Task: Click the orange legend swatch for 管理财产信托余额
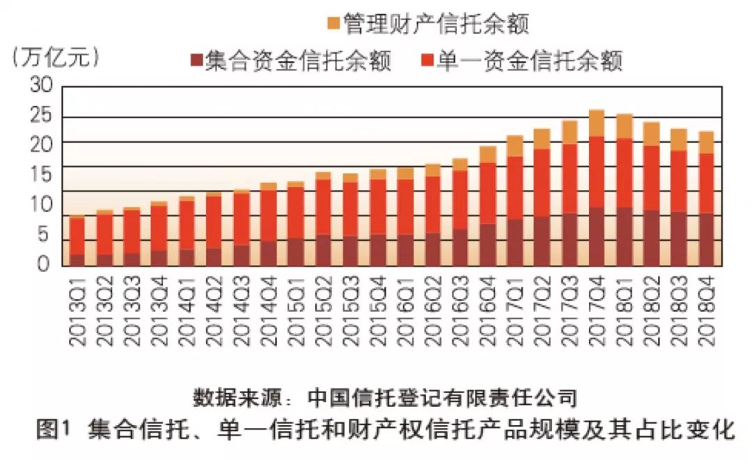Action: pos(333,24)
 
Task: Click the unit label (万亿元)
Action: pos(56,58)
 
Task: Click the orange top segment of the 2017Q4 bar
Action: pos(597,123)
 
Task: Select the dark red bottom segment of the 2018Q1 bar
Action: pos(625,237)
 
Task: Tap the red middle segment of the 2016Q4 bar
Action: pos(487,193)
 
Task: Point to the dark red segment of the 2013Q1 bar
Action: pos(77,260)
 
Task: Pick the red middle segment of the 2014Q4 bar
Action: pos(269,215)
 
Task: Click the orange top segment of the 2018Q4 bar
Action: pos(706,142)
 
